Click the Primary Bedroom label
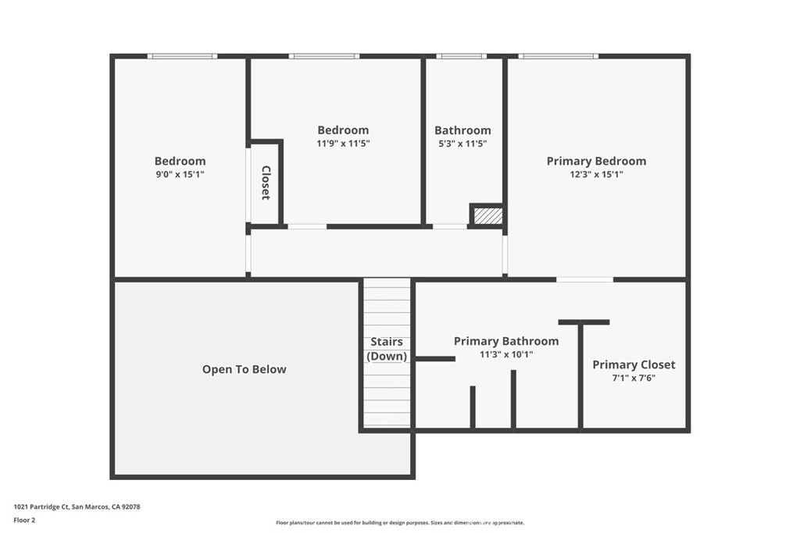click(x=596, y=162)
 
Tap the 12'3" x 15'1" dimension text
click(x=596, y=175)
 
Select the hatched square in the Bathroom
click(x=487, y=215)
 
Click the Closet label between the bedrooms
click(x=266, y=183)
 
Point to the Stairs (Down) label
click(x=387, y=349)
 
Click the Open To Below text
click(x=244, y=369)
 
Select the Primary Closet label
click(x=634, y=364)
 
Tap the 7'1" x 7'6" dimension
click(x=634, y=378)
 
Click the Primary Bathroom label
click(x=506, y=341)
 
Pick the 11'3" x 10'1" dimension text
click(x=506, y=354)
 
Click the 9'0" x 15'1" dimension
click(x=180, y=175)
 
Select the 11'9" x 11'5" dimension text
click(x=343, y=144)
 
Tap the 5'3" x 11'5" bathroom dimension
click(x=462, y=144)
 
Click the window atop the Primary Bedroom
click(x=558, y=56)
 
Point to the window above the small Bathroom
click(x=461, y=56)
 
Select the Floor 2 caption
click(x=24, y=519)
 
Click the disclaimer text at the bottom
click(x=399, y=523)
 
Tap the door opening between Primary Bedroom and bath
click(x=584, y=279)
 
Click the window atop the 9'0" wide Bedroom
click(x=182, y=56)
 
